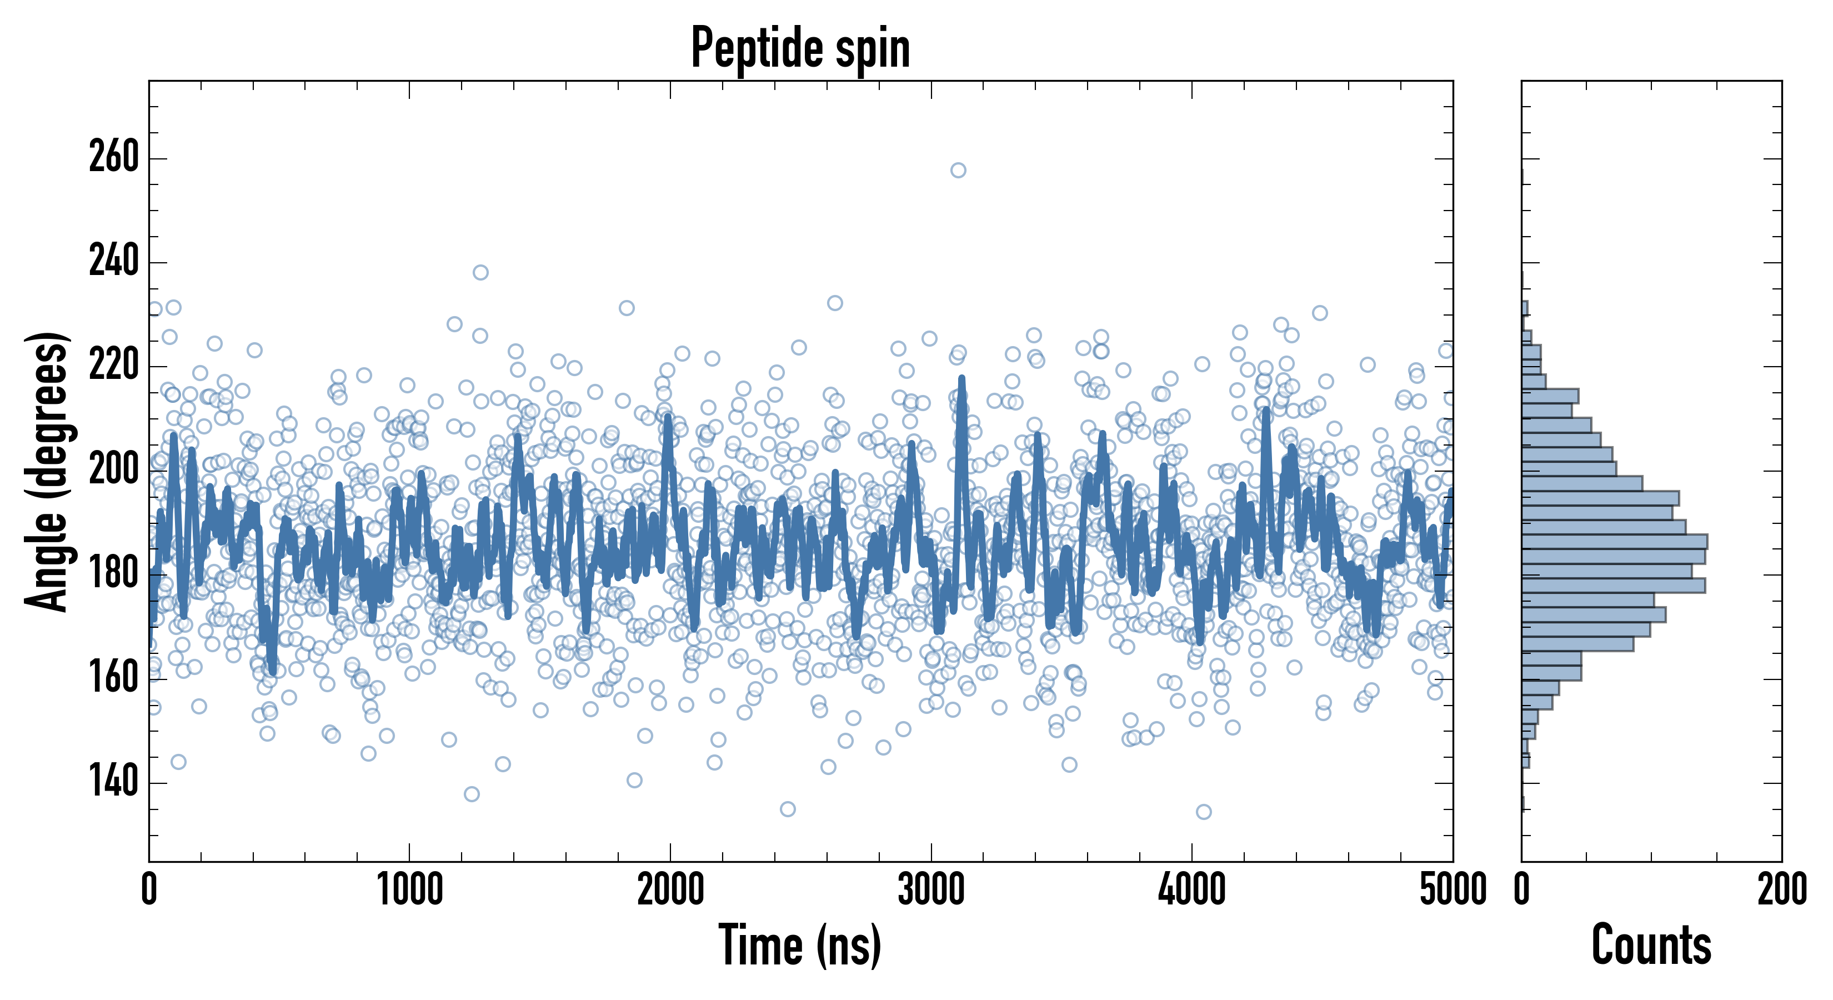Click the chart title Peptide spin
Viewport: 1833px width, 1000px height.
tap(800, 48)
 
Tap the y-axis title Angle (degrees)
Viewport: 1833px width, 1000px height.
tap(47, 471)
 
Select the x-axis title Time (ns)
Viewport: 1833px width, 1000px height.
tap(800, 945)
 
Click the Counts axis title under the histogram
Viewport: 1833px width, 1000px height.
tap(1651, 945)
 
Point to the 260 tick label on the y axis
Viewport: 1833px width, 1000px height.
tap(114, 157)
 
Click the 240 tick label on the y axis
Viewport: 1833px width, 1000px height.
tap(114, 261)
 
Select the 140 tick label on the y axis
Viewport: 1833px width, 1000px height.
tap(114, 782)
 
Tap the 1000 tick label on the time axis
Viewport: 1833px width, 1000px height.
tap(410, 889)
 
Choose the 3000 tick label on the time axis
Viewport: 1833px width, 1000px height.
tap(931, 889)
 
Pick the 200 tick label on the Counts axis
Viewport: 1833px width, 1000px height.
tap(1782, 889)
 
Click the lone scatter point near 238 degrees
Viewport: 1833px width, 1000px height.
tap(481, 273)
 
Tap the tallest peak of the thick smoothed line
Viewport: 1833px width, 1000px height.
tap(962, 379)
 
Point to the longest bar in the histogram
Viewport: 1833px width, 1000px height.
tap(1614, 542)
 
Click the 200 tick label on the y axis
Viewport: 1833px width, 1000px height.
tap(114, 470)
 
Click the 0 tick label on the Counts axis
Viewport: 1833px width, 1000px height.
tap(1522, 889)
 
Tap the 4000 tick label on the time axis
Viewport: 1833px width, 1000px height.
tap(1192, 889)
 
